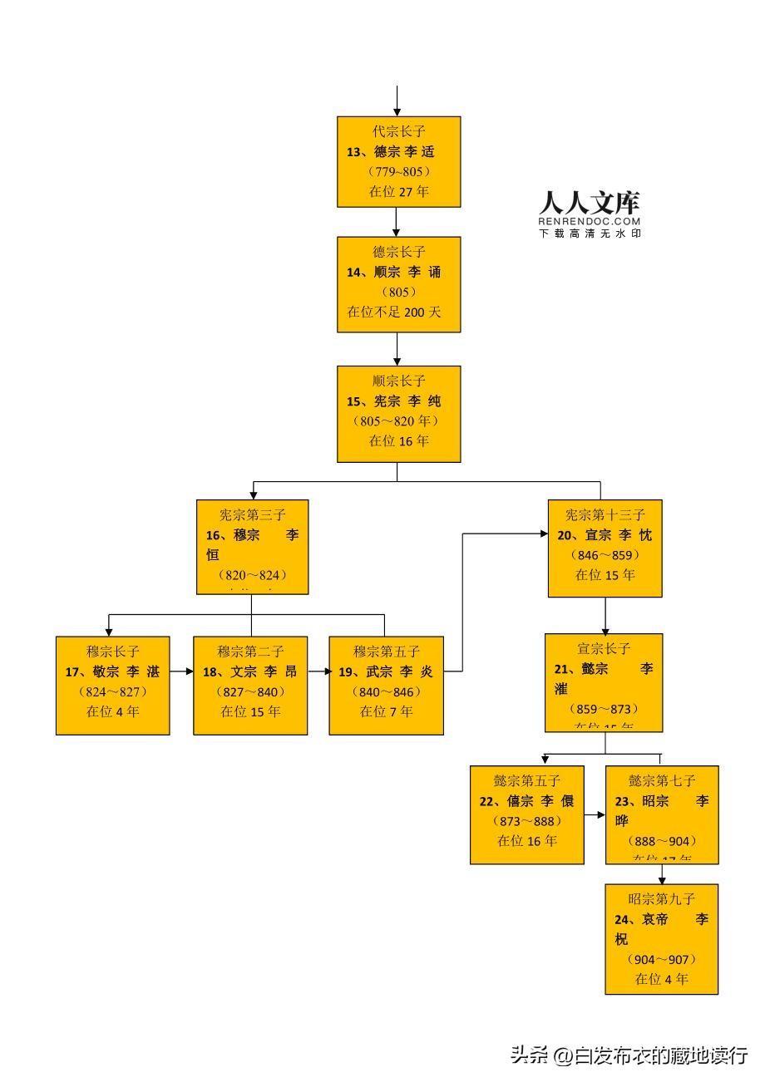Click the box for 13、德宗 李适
tap(398, 161)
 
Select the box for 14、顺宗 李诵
tap(398, 284)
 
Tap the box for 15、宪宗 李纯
tap(398, 413)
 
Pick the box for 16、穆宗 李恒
tap(252, 546)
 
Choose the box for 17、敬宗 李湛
tap(112, 685)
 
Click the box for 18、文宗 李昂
tap(250, 685)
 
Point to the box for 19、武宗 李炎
tap(386, 685)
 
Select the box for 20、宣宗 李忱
tap(605, 548)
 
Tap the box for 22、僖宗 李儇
tap(526, 814)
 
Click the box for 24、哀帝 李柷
tap(661, 938)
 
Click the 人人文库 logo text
tap(589, 203)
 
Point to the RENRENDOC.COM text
tap(589, 221)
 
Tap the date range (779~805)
tap(398, 171)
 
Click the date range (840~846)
tap(386, 691)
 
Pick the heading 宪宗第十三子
tap(605, 515)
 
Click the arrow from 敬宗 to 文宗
tap(181, 671)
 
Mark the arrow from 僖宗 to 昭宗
tap(595, 815)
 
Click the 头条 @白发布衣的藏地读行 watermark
tap(629, 1055)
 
